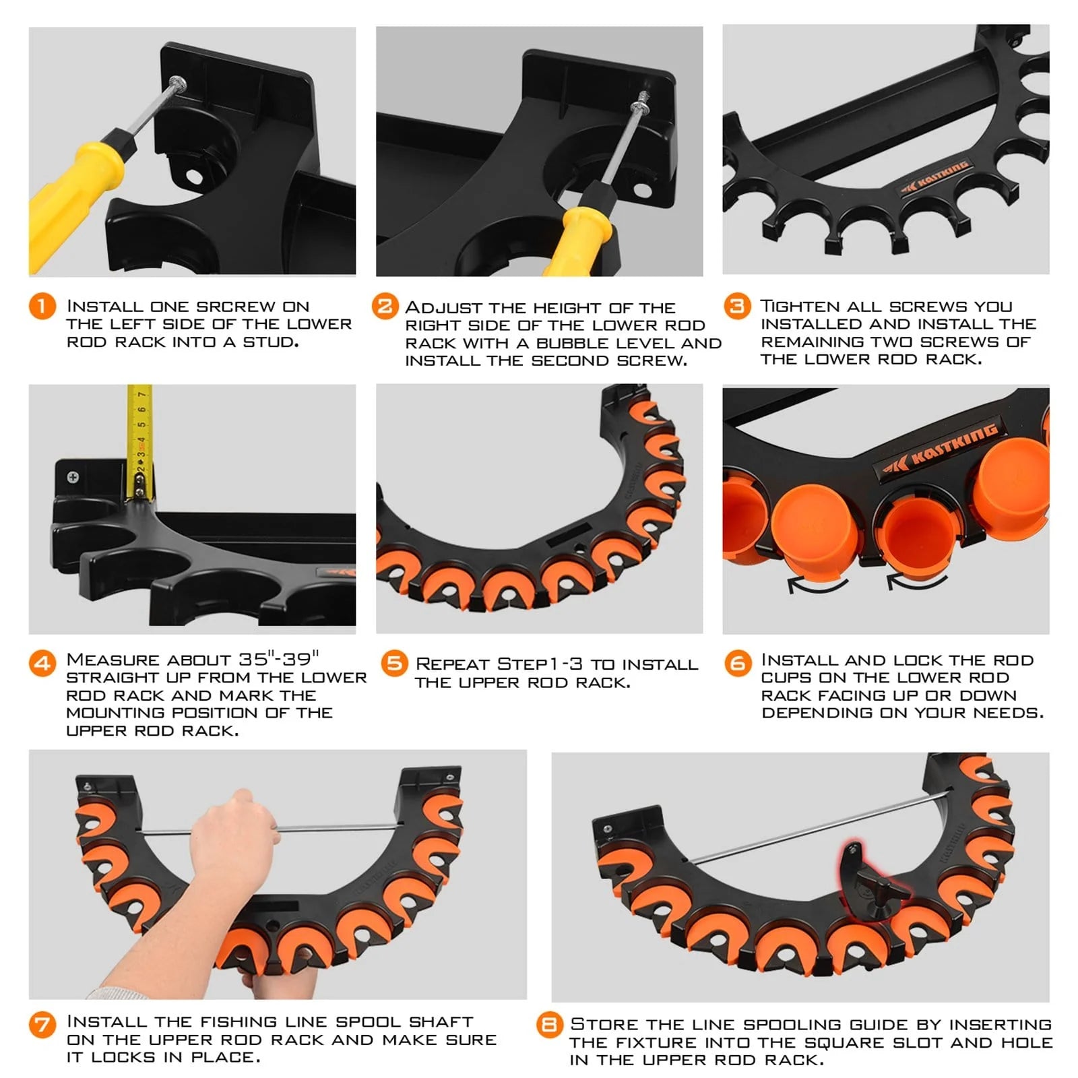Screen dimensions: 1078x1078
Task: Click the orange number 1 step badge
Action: point(42,307)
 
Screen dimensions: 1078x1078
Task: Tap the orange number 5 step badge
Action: point(393,663)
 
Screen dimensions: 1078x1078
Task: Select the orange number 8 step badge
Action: point(548,1025)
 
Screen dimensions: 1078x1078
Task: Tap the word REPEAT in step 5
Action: point(452,664)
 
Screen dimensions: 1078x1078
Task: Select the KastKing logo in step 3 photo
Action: point(937,177)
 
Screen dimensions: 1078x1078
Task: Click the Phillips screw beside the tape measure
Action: point(73,477)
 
